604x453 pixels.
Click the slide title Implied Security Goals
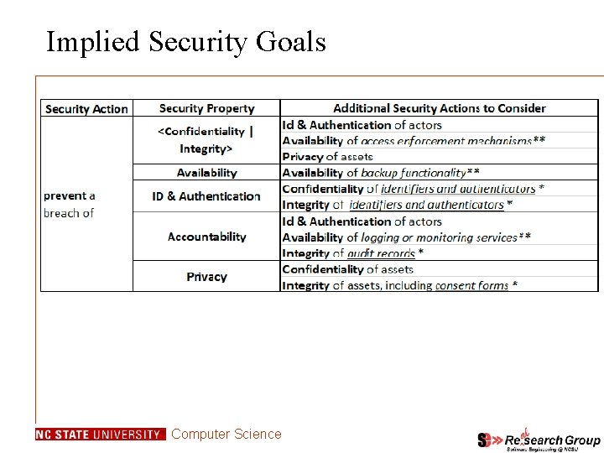[x=185, y=41]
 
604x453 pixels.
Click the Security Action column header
[x=86, y=109]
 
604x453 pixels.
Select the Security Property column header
[x=206, y=108]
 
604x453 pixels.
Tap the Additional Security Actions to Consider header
[x=439, y=108]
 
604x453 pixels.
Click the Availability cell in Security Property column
[x=206, y=173]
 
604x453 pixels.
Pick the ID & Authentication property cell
[x=206, y=196]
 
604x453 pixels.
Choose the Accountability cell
[x=206, y=237]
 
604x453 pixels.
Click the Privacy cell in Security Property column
[x=206, y=277]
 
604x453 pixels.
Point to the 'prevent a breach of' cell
[x=70, y=205]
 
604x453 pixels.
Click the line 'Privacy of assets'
[x=327, y=157]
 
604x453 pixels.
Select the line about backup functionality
[x=381, y=173]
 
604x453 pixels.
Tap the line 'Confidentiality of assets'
[x=348, y=269]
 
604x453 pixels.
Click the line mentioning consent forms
[x=399, y=285]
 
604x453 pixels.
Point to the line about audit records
[x=352, y=253]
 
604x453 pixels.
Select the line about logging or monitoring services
[x=406, y=237]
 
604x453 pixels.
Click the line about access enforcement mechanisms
[x=414, y=141]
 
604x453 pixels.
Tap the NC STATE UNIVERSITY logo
[x=100, y=435]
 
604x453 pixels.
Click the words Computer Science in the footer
[x=226, y=434]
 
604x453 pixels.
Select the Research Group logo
[x=539, y=440]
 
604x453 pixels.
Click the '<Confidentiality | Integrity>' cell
[x=206, y=140]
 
